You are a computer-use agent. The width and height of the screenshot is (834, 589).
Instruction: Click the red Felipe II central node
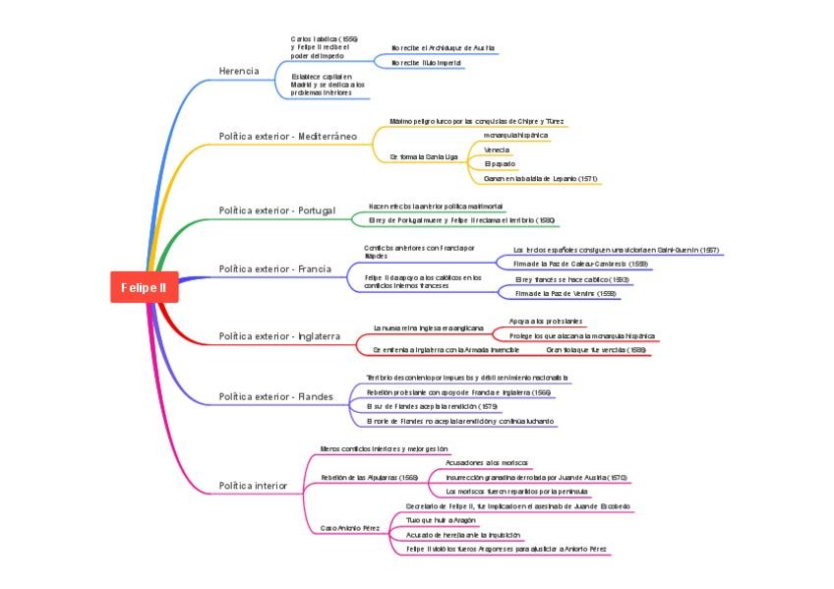coord(144,287)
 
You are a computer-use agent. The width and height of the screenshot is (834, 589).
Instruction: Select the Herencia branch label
coord(239,71)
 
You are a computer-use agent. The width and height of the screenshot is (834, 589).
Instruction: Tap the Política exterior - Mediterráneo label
coord(287,136)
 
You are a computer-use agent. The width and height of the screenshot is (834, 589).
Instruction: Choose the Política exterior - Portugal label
coord(276,210)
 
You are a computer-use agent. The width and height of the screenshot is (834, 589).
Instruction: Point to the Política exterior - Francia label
coord(274,268)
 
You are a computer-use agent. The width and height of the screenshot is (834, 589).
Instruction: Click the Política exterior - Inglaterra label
coord(279,336)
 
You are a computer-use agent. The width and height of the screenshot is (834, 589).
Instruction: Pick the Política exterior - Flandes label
coord(275,397)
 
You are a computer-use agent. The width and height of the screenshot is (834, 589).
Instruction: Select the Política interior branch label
coord(253,486)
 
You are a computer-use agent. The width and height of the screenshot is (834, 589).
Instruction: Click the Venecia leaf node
coord(497,150)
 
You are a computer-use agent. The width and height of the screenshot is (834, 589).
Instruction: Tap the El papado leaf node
coord(500,164)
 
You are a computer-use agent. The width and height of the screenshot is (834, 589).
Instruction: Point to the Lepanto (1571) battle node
coord(541,179)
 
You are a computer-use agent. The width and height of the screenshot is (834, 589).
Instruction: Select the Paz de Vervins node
coord(566,294)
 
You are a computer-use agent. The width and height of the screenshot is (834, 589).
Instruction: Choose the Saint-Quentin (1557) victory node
coord(616,251)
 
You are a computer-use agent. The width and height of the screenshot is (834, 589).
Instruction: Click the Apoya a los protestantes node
coord(545,322)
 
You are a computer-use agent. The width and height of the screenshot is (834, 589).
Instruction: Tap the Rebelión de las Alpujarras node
coord(369,477)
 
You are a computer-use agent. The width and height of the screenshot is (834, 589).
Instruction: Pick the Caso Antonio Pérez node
coord(350,528)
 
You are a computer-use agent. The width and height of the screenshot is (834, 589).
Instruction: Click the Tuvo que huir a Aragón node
coord(441,520)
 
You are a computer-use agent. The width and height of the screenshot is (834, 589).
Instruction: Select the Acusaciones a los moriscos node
coord(487,462)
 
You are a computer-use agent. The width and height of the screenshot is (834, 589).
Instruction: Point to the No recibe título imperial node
coord(428,63)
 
